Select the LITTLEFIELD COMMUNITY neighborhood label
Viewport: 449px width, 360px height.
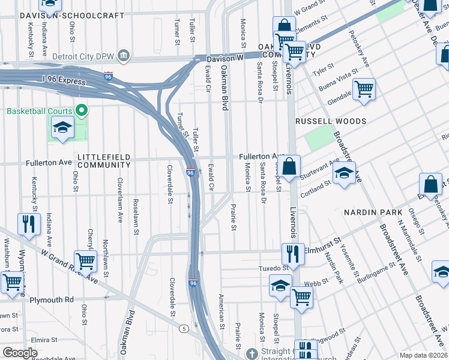[104, 160]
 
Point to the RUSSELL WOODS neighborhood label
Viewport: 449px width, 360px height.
[330, 121]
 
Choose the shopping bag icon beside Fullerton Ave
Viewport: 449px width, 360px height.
[289, 167]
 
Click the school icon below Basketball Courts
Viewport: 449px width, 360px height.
[62, 129]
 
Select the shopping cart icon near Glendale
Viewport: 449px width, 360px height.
[364, 90]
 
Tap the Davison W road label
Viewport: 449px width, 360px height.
[224, 59]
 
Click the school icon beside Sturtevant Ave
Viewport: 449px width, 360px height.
[344, 173]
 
